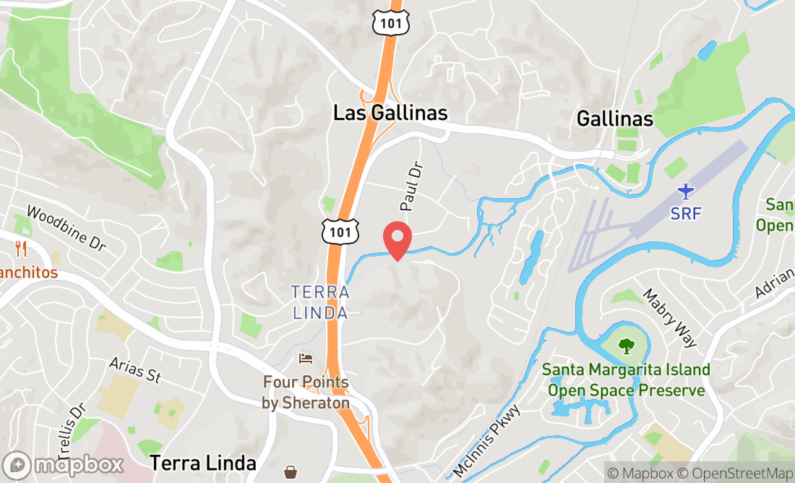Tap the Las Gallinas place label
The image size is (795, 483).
pos(390,114)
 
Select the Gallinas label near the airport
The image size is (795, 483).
pos(615,119)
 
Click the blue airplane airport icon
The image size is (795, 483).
pos(685,192)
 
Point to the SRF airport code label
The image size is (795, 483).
pos(685,214)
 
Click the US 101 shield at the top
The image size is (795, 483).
pos(392,24)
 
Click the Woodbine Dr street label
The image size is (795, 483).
pos(66,228)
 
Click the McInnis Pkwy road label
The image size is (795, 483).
pos(487,441)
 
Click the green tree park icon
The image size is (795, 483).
pos(626,346)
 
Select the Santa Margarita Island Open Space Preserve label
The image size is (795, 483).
pos(626,380)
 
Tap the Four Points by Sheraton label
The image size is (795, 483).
pos(306,393)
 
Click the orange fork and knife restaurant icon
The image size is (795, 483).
pos(20,249)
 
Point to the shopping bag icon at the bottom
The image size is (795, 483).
pos(291,472)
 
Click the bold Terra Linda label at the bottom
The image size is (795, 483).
pos(203,463)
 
